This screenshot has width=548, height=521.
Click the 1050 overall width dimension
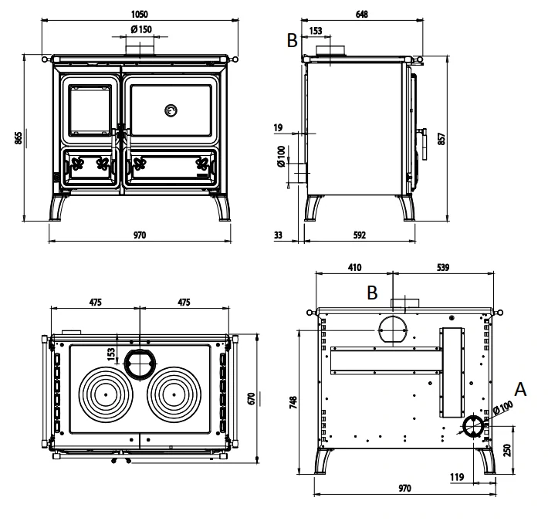[x=139, y=14]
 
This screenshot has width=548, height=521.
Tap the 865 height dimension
[x=18, y=137]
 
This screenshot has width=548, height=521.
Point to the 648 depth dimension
[x=360, y=14]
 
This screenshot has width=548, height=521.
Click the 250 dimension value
[x=507, y=448]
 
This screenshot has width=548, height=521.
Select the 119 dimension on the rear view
[x=455, y=478]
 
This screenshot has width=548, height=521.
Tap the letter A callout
[x=520, y=390]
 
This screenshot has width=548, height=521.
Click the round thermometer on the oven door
[x=170, y=110]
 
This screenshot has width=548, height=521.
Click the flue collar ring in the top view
[x=140, y=361]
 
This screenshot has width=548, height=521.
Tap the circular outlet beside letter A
[x=472, y=425]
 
